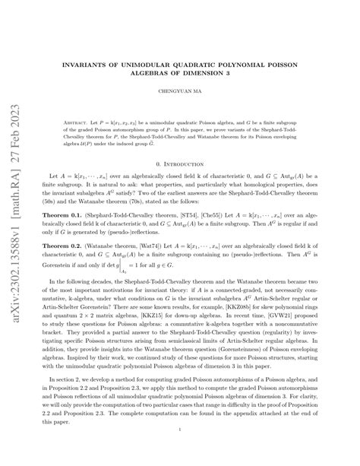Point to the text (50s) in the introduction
pyautogui.click(x=58, y=218)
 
